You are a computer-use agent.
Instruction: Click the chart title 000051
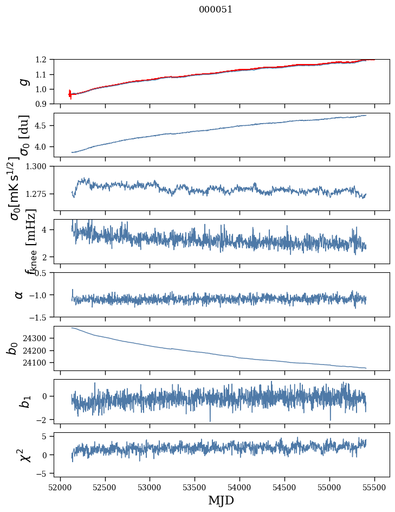pos(216,10)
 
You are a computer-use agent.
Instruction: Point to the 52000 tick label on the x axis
pos(60,488)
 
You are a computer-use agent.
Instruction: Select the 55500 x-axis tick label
pos(375,488)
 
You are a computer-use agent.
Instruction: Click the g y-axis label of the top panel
pos(23,81)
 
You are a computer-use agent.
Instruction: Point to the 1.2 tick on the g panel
pos(44,60)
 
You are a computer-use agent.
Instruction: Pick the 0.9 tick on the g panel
pos(44,104)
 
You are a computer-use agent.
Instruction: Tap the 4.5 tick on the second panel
pos(44,126)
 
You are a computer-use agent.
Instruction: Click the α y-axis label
pos(20,295)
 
